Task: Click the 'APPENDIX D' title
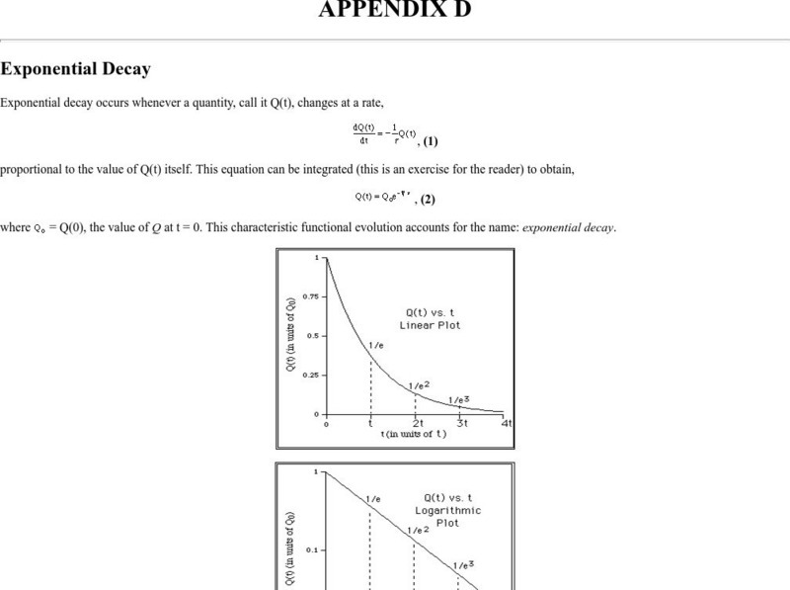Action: tap(395, 10)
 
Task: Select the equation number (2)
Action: tap(428, 199)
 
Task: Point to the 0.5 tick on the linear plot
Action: tap(311, 335)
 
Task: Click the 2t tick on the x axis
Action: tap(418, 423)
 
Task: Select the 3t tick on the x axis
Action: tap(461, 423)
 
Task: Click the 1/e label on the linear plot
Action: tap(375, 346)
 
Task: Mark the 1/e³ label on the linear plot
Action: tap(459, 399)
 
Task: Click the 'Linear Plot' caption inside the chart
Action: tap(430, 325)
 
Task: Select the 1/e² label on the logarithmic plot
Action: tap(419, 530)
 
